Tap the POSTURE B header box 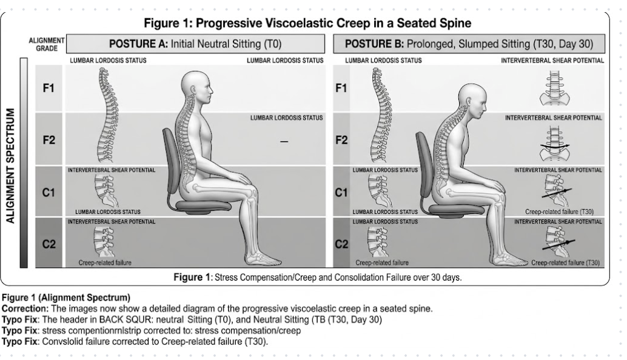click(x=469, y=44)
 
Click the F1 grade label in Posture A click(x=49, y=87)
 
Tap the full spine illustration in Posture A click(x=107, y=115)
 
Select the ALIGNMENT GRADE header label click(x=47, y=44)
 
